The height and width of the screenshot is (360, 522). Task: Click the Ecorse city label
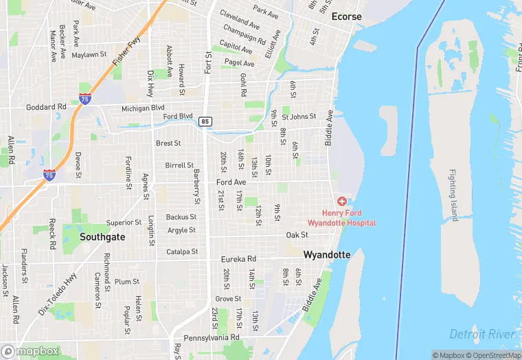point(346,16)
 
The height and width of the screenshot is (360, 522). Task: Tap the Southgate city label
point(102,236)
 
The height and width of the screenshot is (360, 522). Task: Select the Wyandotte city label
point(327,255)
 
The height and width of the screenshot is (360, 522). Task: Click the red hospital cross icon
point(341,201)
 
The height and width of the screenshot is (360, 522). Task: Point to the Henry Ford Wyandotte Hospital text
point(341,218)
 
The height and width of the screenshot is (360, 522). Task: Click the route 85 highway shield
point(205,122)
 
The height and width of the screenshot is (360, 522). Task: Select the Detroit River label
point(481,334)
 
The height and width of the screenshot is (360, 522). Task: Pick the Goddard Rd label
point(46,107)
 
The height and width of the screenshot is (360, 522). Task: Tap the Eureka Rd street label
point(238,260)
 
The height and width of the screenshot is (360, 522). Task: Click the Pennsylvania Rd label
point(216,338)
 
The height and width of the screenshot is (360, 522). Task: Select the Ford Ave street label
point(231,182)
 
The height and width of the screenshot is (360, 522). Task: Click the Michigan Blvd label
point(143,108)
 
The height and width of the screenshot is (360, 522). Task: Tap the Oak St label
point(297,235)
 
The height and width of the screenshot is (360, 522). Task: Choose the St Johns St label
point(299,117)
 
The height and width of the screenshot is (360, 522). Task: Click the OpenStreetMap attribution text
point(493,355)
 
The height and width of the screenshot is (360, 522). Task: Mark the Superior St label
point(124,223)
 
